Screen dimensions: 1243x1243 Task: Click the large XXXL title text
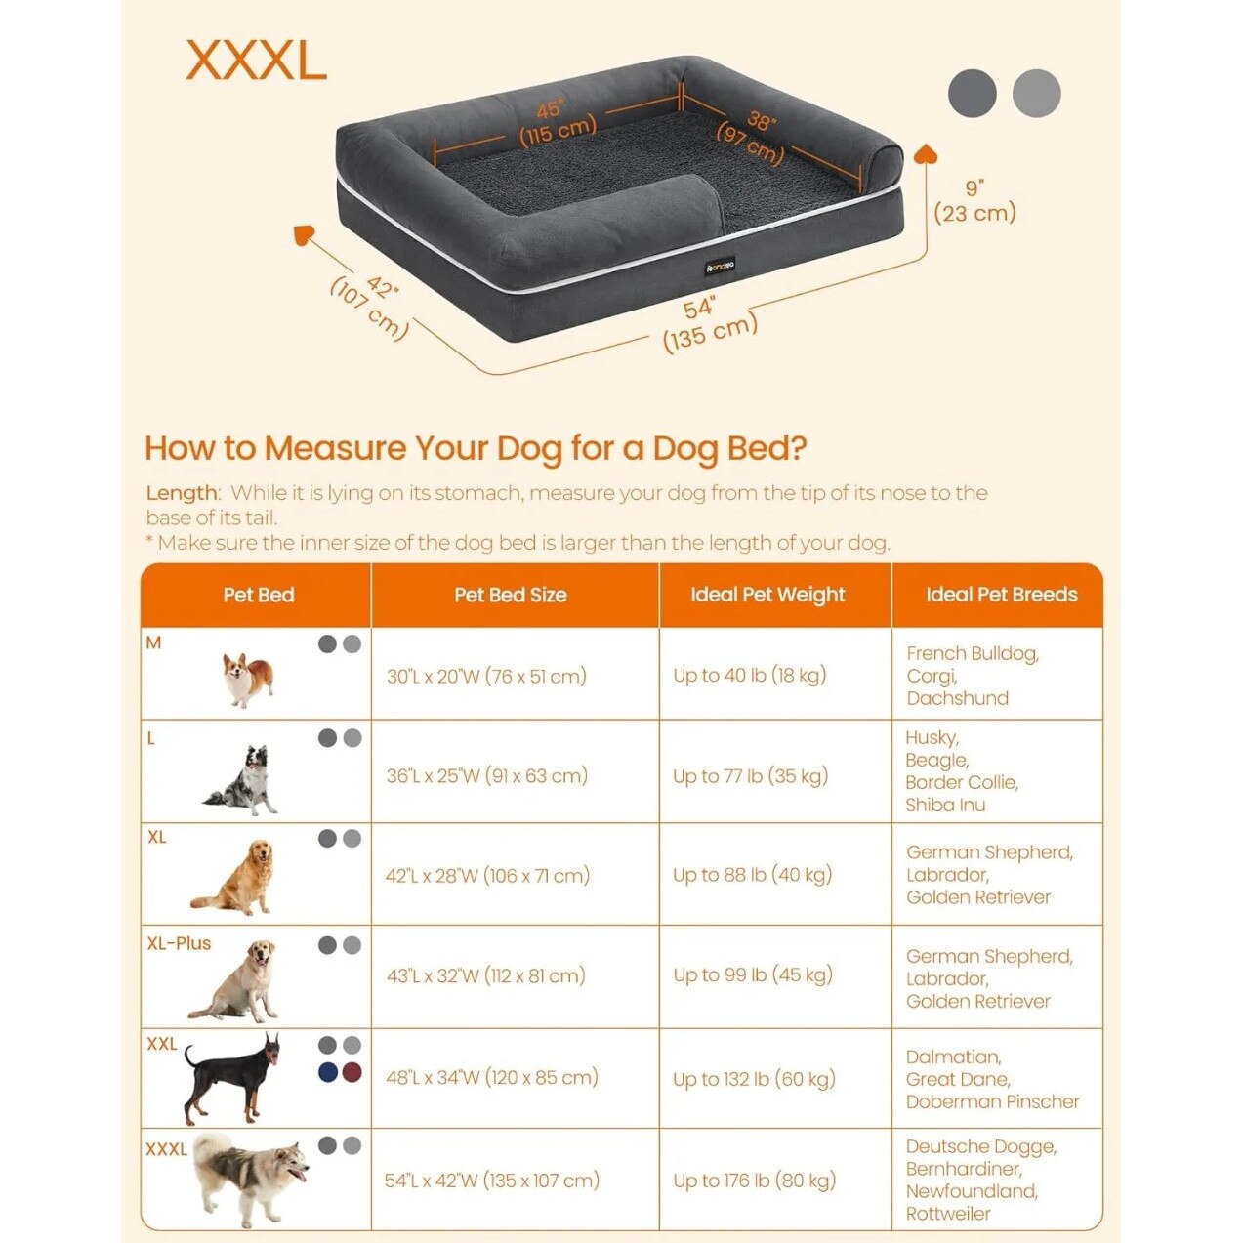[256, 61]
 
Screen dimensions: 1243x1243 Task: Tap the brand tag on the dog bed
[720, 266]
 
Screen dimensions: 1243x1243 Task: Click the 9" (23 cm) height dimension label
[974, 201]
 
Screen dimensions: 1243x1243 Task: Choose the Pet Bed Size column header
[511, 594]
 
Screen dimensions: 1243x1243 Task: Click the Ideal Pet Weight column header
[767, 594]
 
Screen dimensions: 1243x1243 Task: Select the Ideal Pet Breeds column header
[1001, 594]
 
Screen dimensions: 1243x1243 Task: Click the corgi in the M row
[248, 680]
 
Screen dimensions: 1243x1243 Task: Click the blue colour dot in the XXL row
[328, 1073]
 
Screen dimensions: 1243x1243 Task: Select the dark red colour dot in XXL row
[352, 1073]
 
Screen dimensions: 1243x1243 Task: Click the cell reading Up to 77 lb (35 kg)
[750, 776]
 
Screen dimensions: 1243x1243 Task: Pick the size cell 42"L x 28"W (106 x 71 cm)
[487, 875]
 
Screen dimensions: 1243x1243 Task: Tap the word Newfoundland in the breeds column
[972, 1190]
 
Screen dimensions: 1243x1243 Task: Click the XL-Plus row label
[179, 943]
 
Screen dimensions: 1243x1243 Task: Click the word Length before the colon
[182, 493]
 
